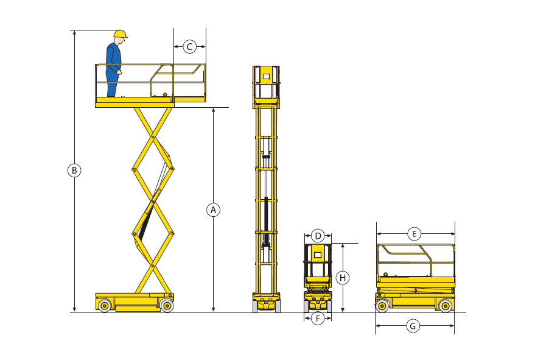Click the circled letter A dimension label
pyautogui.click(x=213, y=210)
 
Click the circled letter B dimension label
pyautogui.click(x=74, y=170)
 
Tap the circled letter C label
pyautogui.click(x=190, y=46)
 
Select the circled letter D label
pyautogui.click(x=318, y=236)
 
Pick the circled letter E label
pyautogui.click(x=414, y=234)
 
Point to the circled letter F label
pyautogui.click(x=318, y=319)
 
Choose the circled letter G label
pyautogui.click(x=413, y=326)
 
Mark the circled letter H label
pyautogui.click(x=343, y=278)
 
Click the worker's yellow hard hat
pyautogui.click(x=121, y=34)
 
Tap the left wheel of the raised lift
pyautogui.click(x=105, y=305)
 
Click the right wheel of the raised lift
pyautogui.click(x=167, y=305)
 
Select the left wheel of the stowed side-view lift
pyautogui.click(x=382, y=306)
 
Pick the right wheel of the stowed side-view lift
pyautogui.click(x=446, y=306)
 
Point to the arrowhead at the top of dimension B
pyautogui.click(x=74, y=32)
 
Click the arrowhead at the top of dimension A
pyautogui.click(x=213, y=110)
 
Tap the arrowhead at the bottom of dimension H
pyautogui.click(x=343, y=310)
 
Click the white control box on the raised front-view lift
pyautogui.click(x=266, y=76)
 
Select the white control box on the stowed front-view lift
pyautogui.click(x=318, y=255)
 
